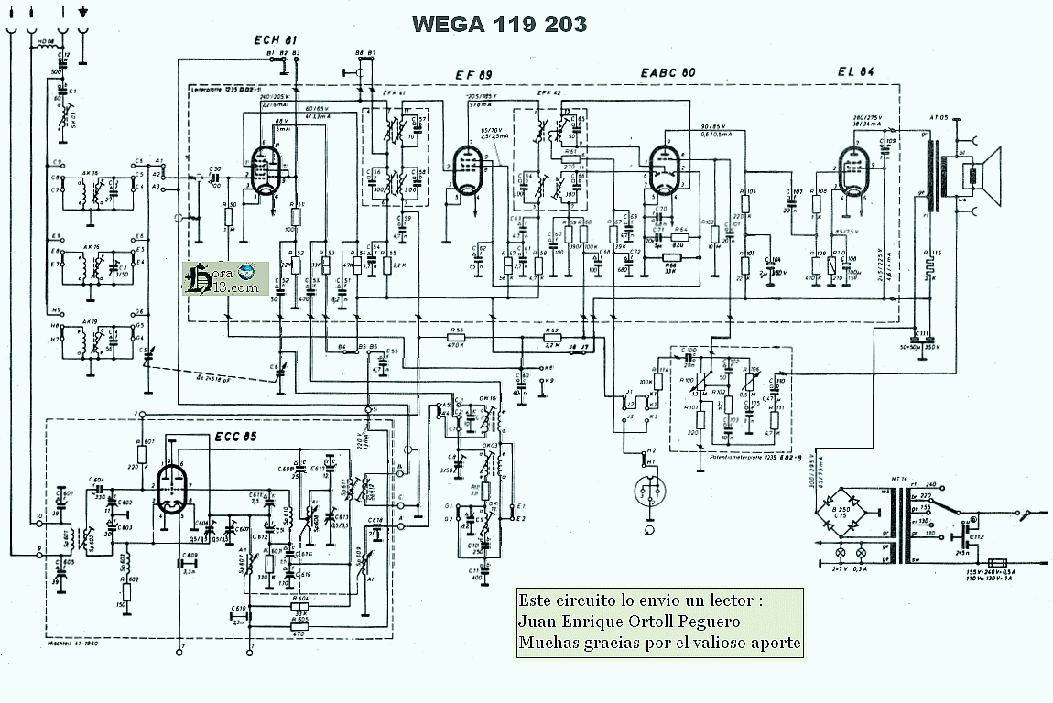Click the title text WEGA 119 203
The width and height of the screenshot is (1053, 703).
[x=499, y=24]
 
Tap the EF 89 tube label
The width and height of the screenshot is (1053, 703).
[x=474, y=74]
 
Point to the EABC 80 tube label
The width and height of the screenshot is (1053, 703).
[x=668, y=72]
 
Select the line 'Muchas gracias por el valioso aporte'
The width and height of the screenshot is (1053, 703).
[x=659, y=644]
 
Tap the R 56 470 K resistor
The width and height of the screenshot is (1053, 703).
[x=456, y=337]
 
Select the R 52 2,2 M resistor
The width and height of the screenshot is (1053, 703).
[x=552, y=337]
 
